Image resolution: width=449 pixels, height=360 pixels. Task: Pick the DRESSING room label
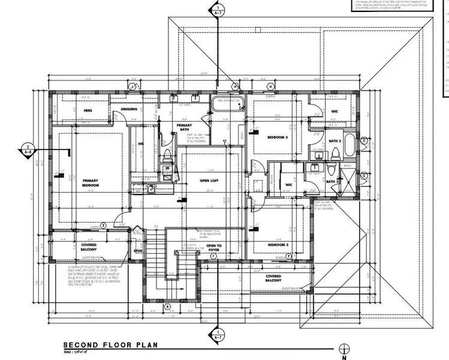(129, 109)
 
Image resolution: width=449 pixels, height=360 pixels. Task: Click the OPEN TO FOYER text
(215, 247)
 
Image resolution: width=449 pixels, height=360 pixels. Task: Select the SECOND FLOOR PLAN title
(110, 346)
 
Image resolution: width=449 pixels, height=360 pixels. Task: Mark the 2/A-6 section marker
(28, 149)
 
